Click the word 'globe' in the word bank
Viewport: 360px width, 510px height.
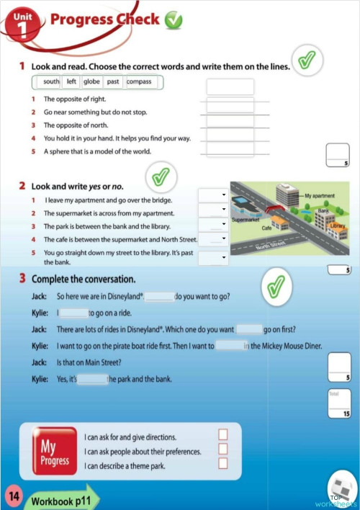pos(91,82)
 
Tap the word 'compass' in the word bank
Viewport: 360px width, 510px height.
pos(139,82)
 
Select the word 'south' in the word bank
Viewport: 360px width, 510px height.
pos(51,82)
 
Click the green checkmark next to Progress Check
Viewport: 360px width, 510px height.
pos(174,21)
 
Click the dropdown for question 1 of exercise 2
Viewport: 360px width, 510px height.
pos(213,196)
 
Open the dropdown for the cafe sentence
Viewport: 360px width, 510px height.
pos(213,239)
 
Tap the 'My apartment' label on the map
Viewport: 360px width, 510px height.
pos(320,196)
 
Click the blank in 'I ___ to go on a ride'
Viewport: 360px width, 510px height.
pos(73,313)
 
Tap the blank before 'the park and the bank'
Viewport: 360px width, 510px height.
pos(92,379)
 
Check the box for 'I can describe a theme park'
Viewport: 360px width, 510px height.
pos(222,464)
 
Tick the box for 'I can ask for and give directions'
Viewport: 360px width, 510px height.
pos(222,434)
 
